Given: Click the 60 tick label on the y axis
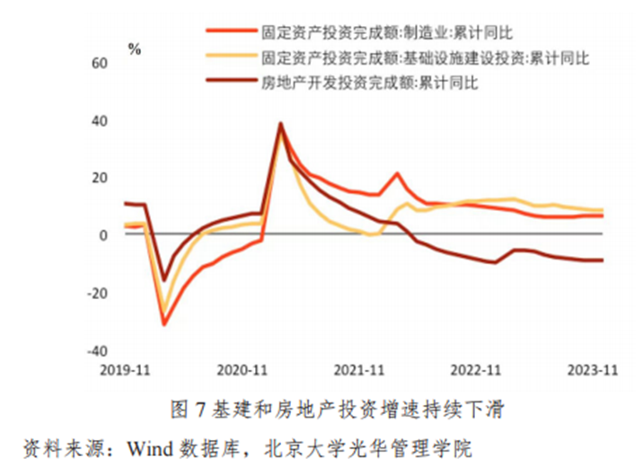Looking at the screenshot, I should point(100,64).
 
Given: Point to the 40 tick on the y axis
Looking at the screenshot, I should point(100,121).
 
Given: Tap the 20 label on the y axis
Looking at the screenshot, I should point(100,178).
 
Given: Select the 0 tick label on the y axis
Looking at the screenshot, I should point(104,235).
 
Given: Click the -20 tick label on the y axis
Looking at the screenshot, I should point(97,293).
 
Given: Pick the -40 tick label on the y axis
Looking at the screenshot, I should point(97,350).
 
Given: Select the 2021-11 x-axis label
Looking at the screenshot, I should point(358,369).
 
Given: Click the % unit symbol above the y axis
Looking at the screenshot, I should point(135,49).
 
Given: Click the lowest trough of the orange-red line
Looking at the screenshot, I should point(163,324).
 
